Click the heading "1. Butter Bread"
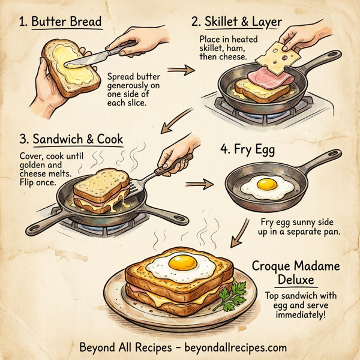pos(60,22)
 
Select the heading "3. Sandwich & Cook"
pos(71,139)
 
